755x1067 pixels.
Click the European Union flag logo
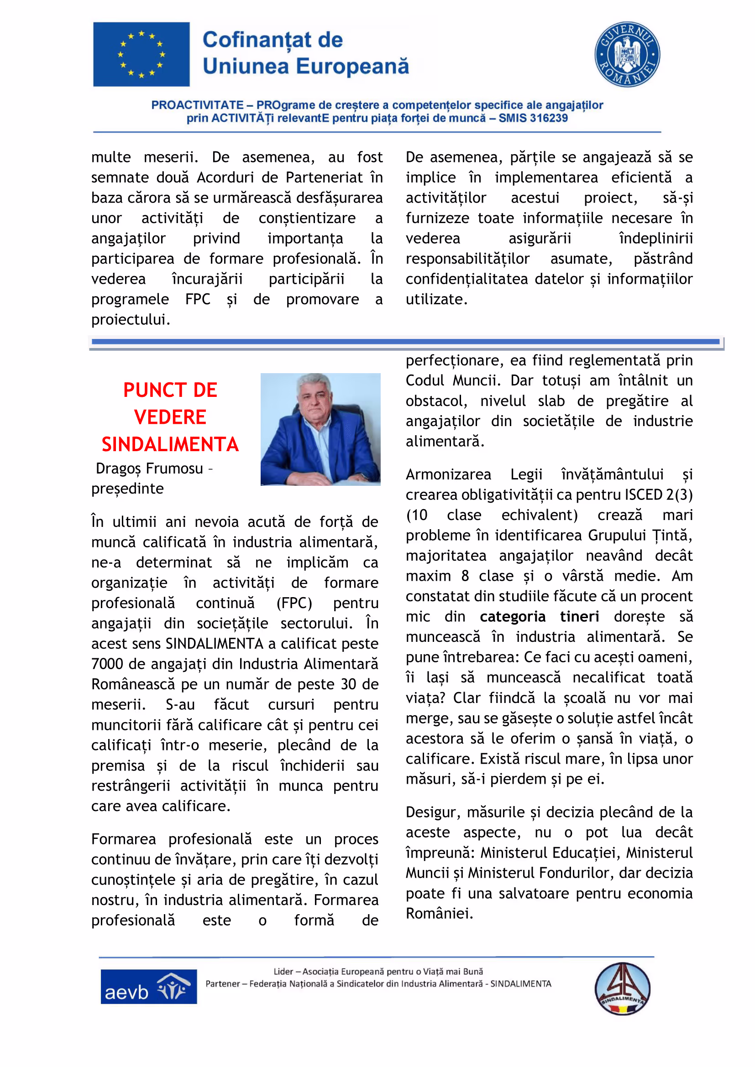click(141, 54)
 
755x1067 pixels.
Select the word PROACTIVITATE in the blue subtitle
click(197, 105)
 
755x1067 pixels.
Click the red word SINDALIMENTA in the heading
click(170, 444)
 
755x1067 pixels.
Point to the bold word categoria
click(512, 616)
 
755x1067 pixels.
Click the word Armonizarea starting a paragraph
click(448, 474)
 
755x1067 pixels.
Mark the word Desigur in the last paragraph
click(433, 812)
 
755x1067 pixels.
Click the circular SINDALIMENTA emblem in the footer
click(622, 989)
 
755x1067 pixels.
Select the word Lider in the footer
click(283, 971)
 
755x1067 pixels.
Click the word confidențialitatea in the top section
click(467, 279)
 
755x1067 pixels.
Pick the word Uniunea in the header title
click(246, 67)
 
